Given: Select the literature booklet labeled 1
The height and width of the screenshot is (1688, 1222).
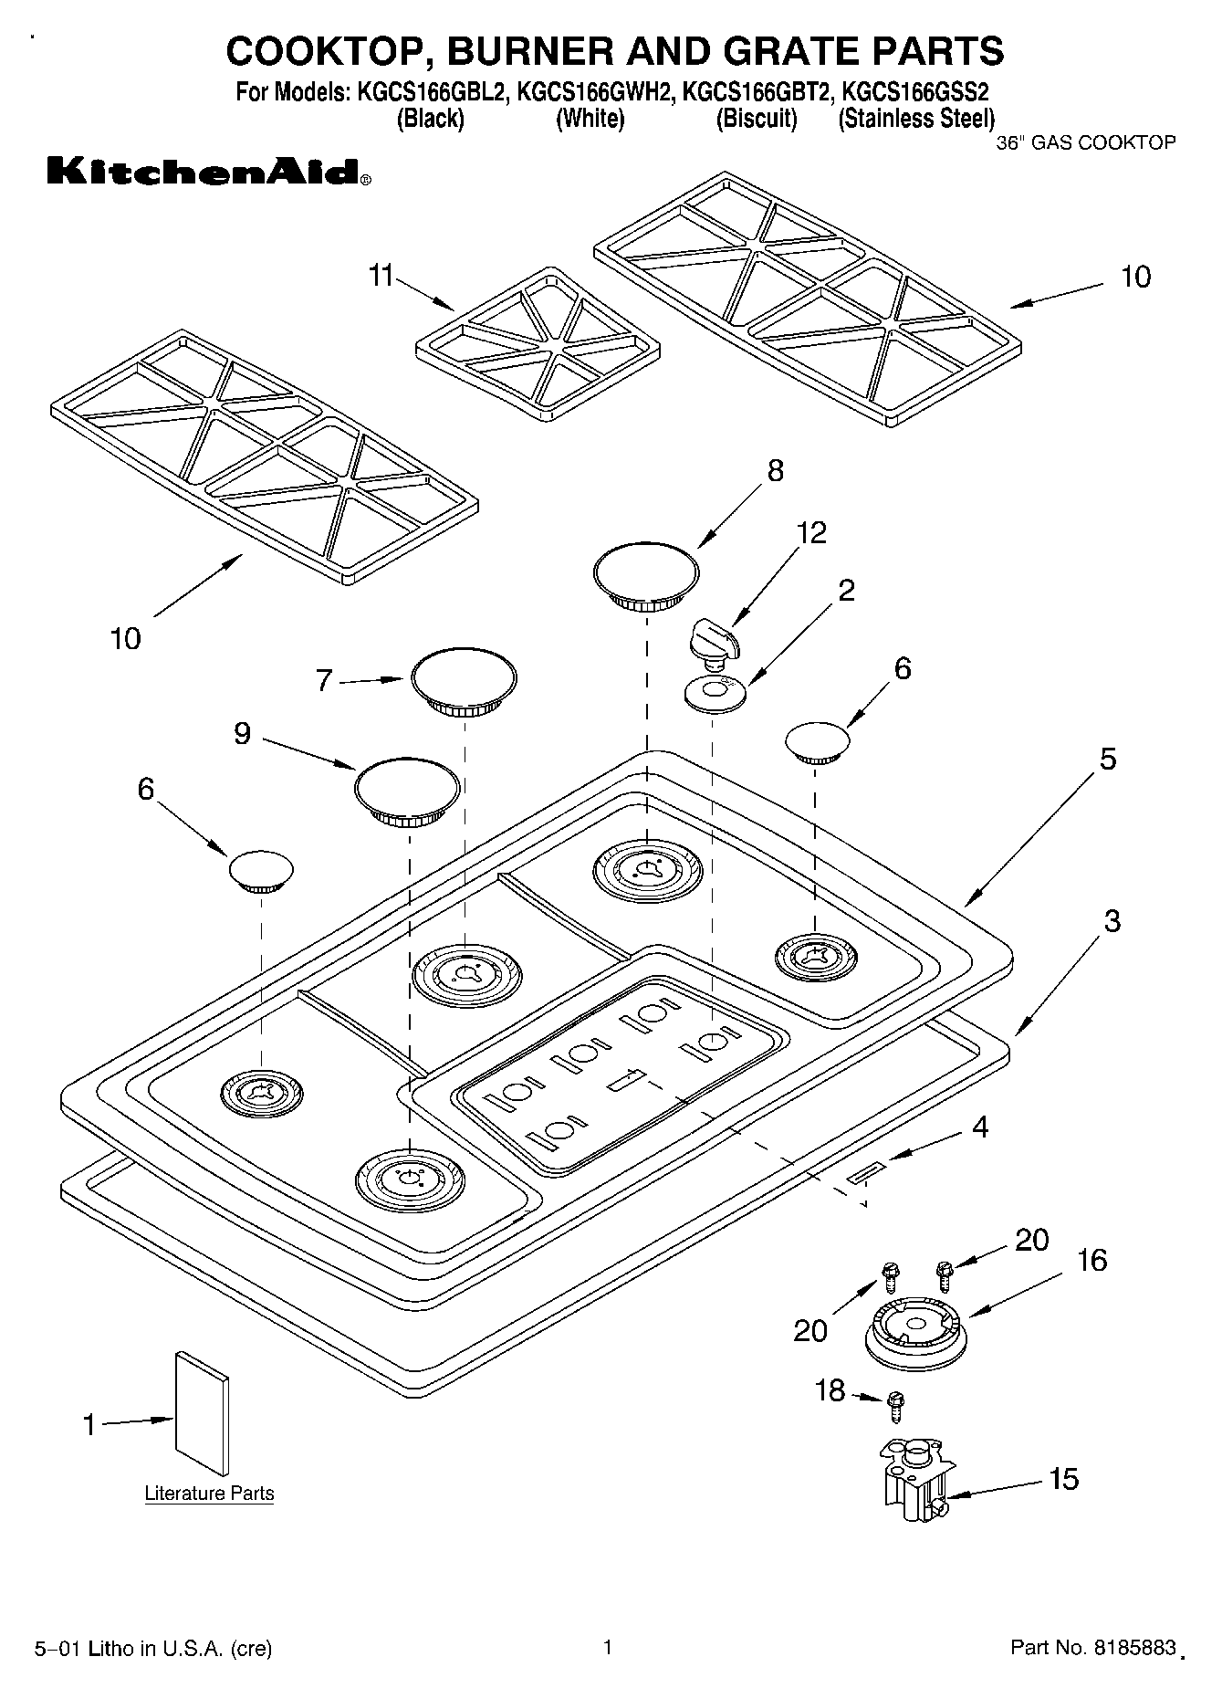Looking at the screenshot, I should [202, 1413].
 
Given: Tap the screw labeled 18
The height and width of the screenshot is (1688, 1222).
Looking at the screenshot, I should [895, 1403].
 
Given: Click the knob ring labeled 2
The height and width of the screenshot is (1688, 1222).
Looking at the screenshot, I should [715, 694].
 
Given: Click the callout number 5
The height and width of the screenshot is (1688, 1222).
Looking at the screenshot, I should [1107, 759].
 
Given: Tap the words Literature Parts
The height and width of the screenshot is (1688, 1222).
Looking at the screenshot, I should [209, 1494].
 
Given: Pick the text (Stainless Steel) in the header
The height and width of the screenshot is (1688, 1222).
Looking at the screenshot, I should [915, 119].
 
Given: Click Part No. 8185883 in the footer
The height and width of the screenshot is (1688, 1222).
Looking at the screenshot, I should [1092, 1648].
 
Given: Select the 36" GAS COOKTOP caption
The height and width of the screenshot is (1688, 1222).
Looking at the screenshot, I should [1085, 142].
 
